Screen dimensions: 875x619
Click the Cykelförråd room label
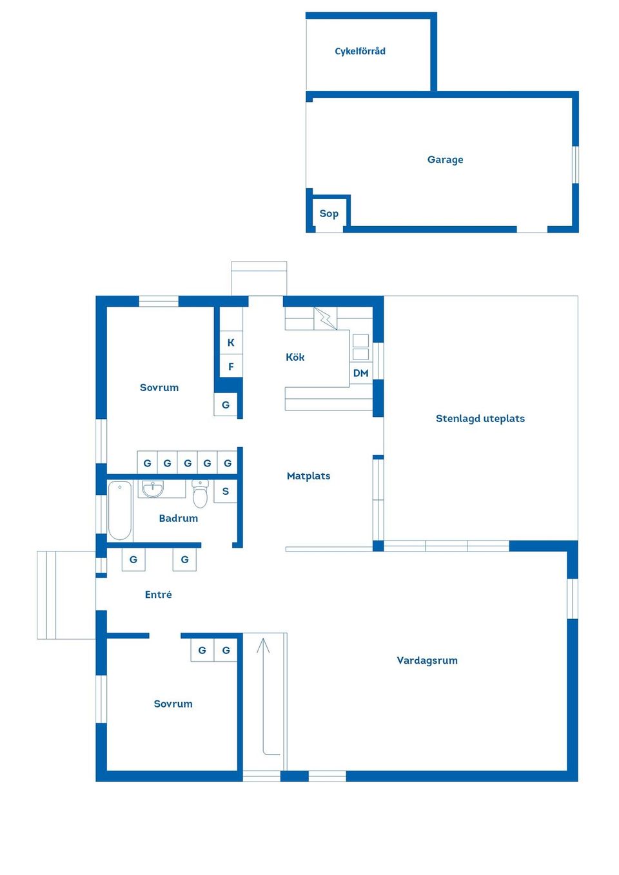coord(360,52)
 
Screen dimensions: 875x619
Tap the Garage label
coord(445,160)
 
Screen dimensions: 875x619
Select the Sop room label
coord(329,214)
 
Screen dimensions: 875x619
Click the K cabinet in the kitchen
coord(231,343)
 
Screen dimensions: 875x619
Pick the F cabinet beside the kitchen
coord(231,367)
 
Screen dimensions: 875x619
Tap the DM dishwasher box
coord(361,373)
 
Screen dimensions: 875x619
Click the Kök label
coord(295,357)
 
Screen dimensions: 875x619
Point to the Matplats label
coord(308,476)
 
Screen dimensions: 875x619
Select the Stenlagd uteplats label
coord(480,419)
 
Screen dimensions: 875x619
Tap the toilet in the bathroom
coord(201,494)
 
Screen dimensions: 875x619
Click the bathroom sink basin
coord(153,490)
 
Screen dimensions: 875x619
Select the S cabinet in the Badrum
coord(226,491)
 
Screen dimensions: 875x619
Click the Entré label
coord(158,595)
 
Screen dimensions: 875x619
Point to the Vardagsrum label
coord(427,660)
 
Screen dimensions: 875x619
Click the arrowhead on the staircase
coord(263,644)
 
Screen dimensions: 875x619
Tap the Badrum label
coord(178,518)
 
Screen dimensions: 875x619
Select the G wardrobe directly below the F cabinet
coord(226,405)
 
